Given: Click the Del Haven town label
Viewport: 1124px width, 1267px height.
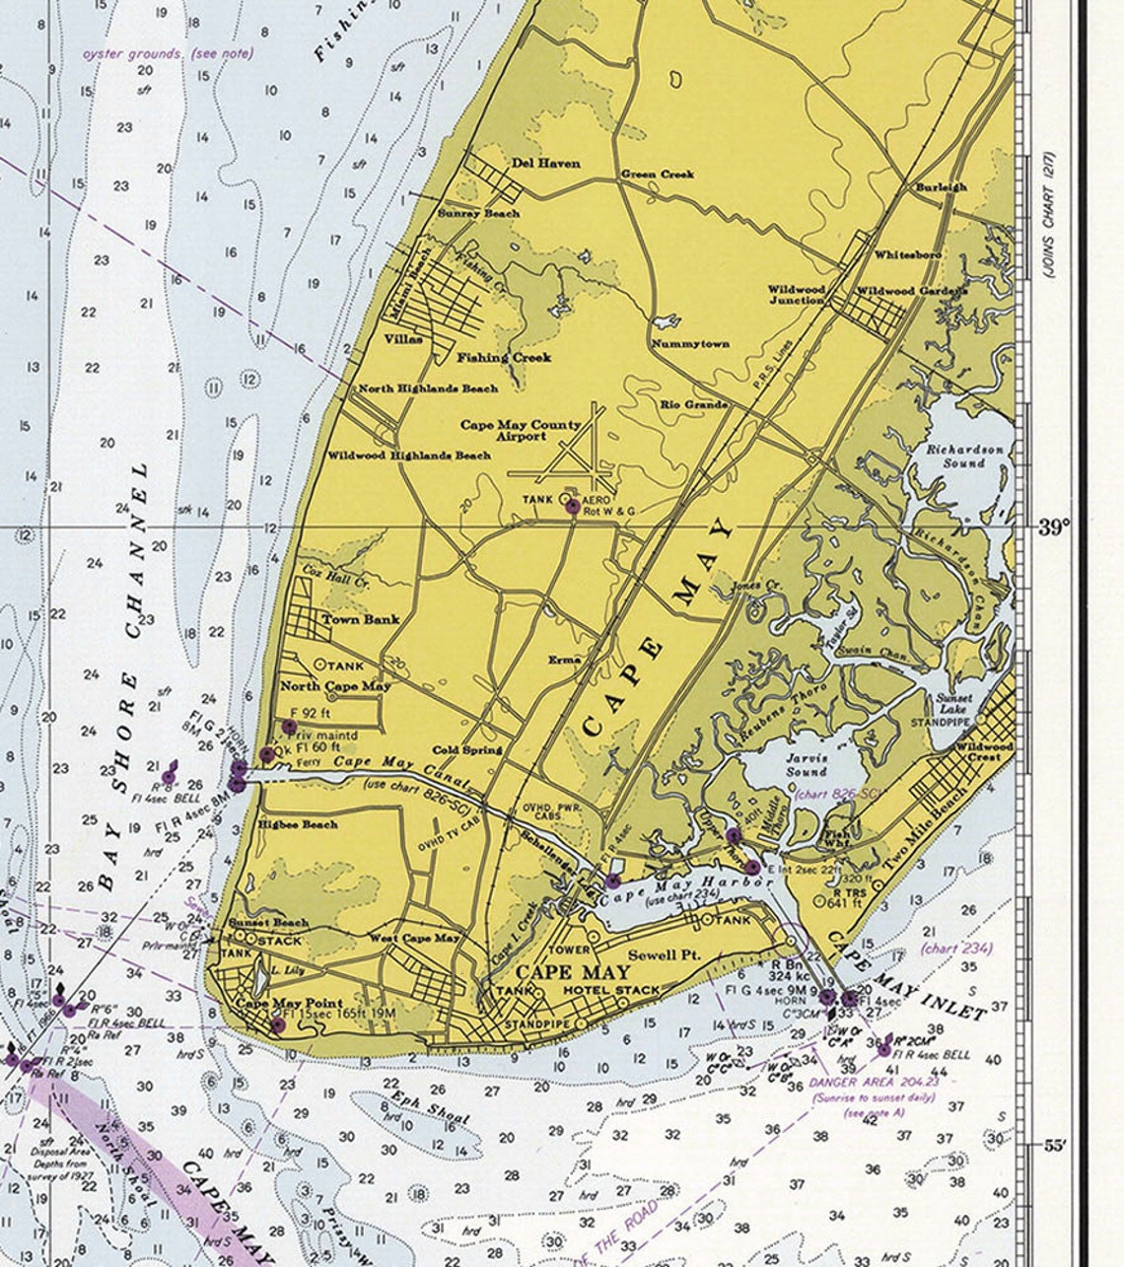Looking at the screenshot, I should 545,164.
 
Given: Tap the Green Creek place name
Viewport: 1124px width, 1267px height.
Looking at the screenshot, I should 657,175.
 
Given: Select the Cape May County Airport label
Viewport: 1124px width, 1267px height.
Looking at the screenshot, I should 522,431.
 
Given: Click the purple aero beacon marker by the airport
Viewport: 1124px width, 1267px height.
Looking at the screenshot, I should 572,506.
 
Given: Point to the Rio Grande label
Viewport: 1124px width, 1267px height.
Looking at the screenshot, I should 694,404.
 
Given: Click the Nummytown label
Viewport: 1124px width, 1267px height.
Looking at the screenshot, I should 689,344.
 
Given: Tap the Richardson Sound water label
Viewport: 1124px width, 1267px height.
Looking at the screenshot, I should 963,456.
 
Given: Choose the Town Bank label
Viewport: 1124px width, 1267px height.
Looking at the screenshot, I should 361,619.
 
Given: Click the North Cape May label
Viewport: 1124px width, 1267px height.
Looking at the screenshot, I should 336,686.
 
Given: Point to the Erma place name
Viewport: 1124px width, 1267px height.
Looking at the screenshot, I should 565,660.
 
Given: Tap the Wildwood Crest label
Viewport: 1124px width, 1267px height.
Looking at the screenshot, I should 975,752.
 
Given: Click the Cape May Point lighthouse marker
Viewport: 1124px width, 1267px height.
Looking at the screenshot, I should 278,1025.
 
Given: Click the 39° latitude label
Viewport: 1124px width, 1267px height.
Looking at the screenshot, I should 1054,527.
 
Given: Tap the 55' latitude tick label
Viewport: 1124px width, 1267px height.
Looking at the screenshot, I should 1054,1146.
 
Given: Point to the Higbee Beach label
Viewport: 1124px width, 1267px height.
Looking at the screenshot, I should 298,824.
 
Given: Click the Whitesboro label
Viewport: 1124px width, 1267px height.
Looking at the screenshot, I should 907,254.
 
